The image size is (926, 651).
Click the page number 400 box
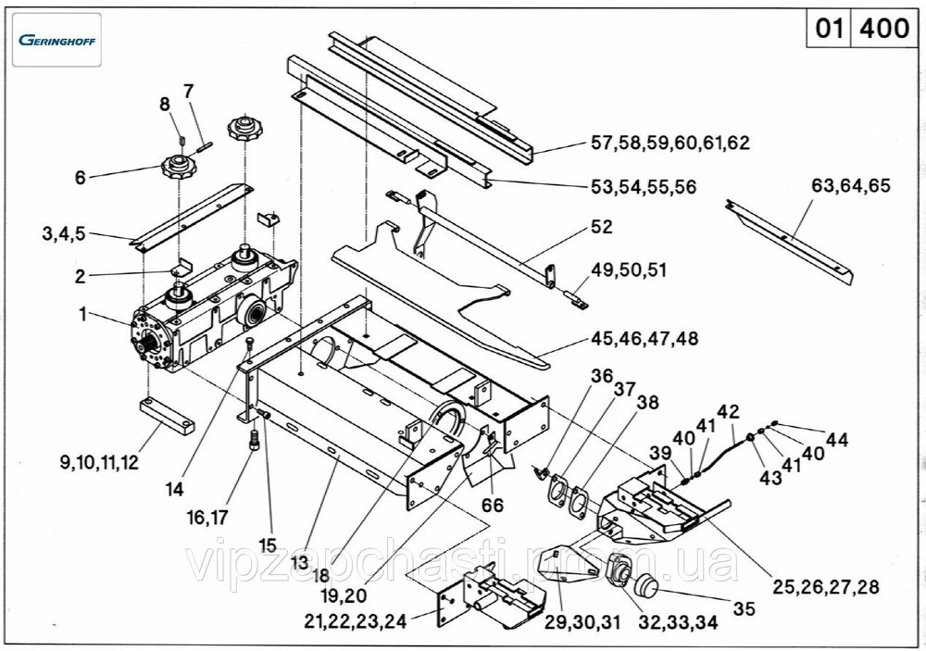(x=884, y=29)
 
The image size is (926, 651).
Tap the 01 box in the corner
(x=828, y=29)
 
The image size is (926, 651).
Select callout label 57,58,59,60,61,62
(x=669, y=144)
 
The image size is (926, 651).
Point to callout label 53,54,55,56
(x=644, y=187)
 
